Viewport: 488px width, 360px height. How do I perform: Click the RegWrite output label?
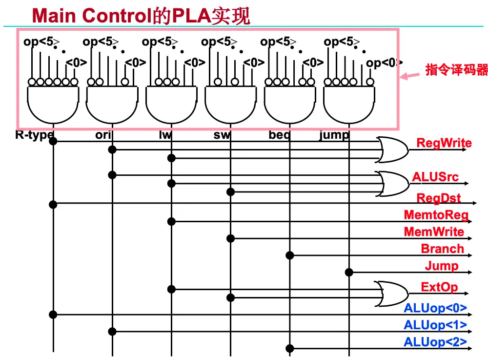point(444,143)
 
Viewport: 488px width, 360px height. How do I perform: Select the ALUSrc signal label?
point(435,177)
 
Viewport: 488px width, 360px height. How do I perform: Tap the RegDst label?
point(438,198)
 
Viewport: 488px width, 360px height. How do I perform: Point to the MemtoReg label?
point(436,215)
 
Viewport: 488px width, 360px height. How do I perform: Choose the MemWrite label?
point(434,232)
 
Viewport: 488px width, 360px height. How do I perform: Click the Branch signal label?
point(442,249)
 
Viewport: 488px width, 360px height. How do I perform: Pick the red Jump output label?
point(442,266)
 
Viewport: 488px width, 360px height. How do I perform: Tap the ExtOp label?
point(439,287)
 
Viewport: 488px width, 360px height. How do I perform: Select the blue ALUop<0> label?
point(435,309)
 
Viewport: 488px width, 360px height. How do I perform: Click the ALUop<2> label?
point(435,342)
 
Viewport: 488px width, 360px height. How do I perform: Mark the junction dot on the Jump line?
point(349,272)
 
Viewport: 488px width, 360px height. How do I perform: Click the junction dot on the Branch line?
point(290,255)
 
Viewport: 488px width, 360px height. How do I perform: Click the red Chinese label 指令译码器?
point(456,70)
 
